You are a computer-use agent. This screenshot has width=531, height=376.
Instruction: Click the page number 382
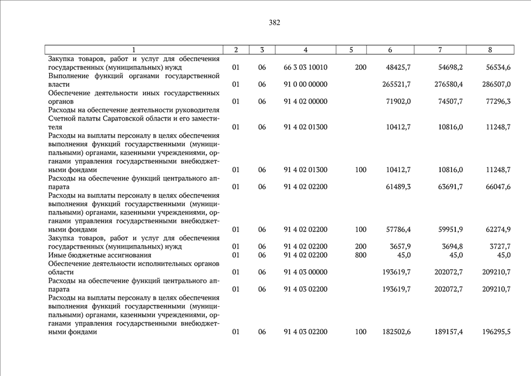coord(275,23)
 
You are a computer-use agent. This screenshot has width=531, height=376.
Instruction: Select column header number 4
coord(305,50)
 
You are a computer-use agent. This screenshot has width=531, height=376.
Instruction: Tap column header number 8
coord(490,50)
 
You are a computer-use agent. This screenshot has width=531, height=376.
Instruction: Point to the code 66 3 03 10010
coord(305,68)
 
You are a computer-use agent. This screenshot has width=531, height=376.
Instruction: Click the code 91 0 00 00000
coord(305,85)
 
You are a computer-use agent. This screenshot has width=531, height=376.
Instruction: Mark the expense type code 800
coord(360,255)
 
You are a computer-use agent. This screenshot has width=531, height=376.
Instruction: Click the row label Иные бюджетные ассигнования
coord(93,255)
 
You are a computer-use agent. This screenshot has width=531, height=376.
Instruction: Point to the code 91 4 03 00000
coord(305,272)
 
